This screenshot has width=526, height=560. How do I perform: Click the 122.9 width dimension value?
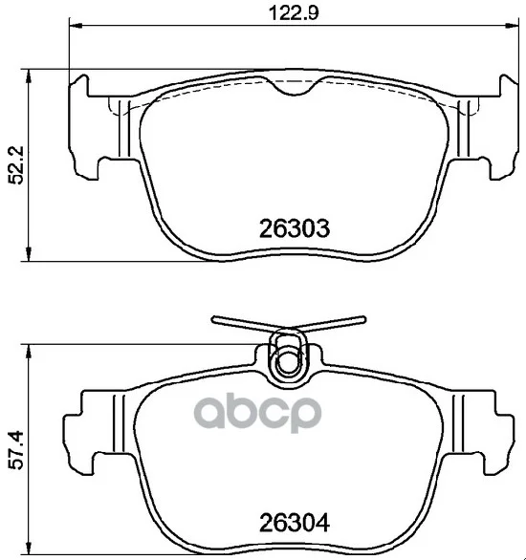click(293, 13)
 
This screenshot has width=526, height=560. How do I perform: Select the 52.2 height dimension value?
click(16, 164)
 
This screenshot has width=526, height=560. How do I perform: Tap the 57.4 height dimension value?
click(16, 450)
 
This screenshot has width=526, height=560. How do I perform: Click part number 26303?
click(295, 228)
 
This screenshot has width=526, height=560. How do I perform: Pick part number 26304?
click(295, 523)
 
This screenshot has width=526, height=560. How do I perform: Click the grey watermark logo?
click(257, 413)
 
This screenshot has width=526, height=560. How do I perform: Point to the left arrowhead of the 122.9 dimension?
click(76, 26)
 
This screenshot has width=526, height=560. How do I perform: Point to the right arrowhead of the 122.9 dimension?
click(512, 26)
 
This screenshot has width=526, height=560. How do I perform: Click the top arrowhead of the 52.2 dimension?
click(29, 76)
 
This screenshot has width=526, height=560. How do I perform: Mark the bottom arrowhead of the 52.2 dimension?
click(29, 254)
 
